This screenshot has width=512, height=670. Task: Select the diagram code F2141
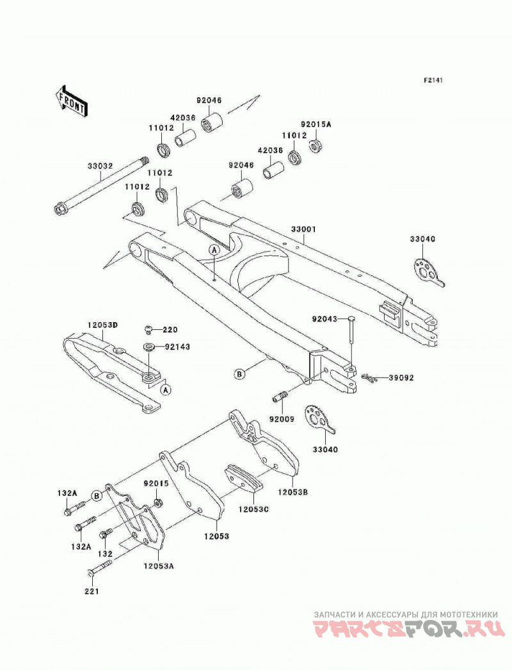pos(433,80)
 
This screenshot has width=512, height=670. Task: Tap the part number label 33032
pos(100,166)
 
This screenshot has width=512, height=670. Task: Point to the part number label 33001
pos(303,229)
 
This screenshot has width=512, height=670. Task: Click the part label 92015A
pos(316,124)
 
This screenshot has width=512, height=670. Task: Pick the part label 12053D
pos(102,325)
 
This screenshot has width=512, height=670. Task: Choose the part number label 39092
pos(401,378)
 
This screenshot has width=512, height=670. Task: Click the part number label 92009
pos(282,419)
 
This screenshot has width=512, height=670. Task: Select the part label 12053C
pos(253,510)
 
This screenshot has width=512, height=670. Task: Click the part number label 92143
pos(177,347)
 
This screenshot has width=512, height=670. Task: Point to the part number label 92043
pos(324,319)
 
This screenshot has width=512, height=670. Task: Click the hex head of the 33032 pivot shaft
pos(59,210)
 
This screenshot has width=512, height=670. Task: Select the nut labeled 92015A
pos(316,145)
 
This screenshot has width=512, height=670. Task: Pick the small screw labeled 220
pos(147,329)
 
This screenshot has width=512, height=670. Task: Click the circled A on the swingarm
pos(214,250)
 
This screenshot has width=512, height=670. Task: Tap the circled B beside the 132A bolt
pos(97,496)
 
